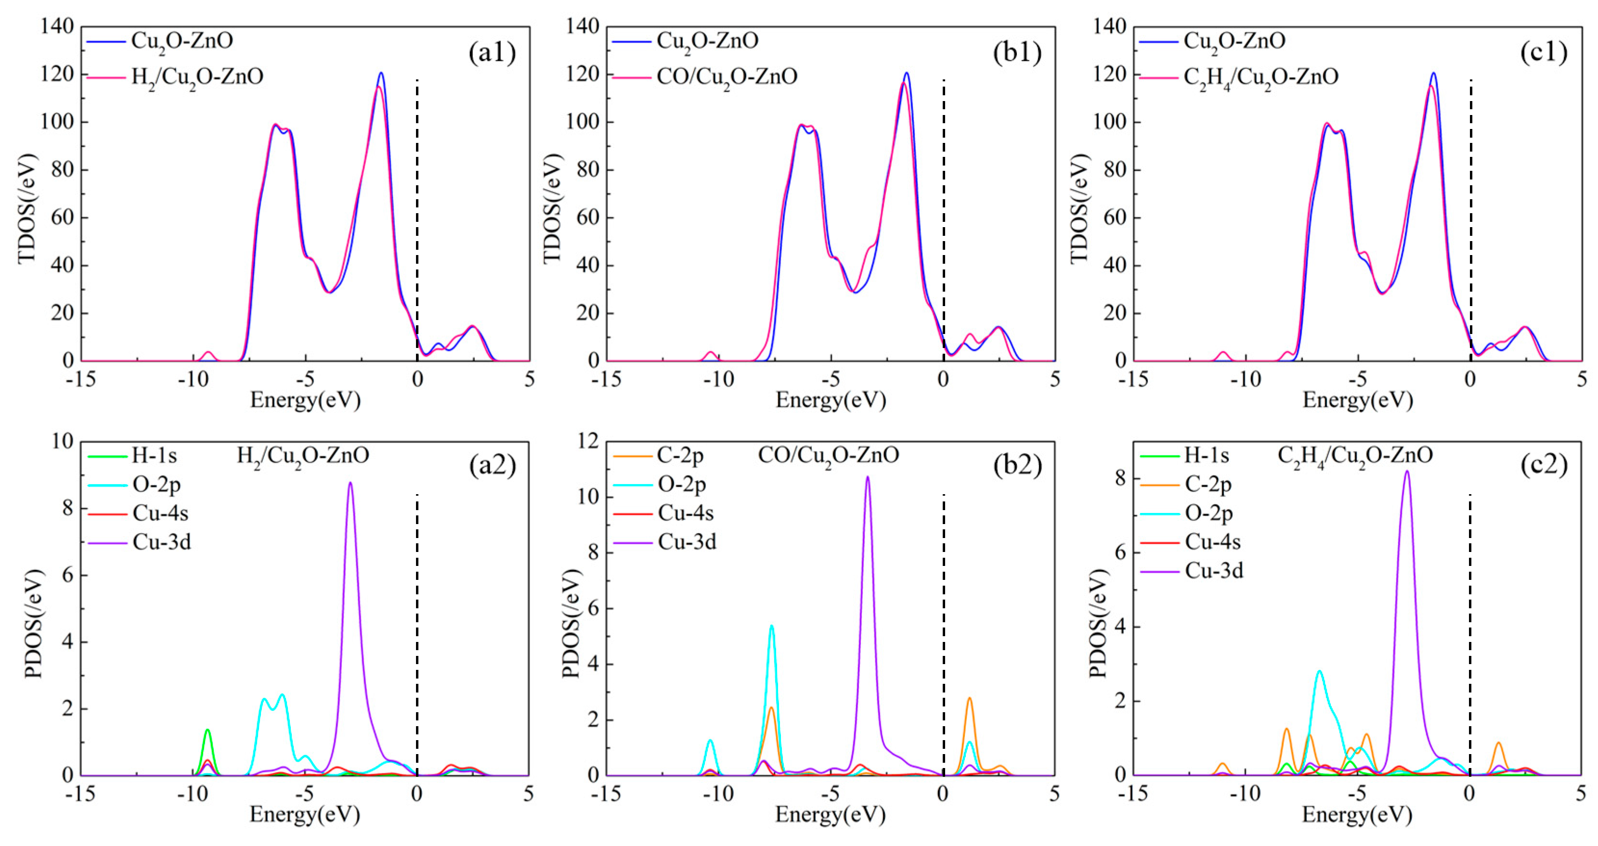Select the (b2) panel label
tap(1017, 465)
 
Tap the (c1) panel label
tap(1544, 53)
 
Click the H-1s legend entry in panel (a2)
tap(154, 456)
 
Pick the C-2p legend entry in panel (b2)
tap(680, 456)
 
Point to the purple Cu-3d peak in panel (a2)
tap(351, 484)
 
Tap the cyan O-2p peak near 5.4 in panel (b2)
tap(772, 627)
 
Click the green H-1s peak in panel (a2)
tap(208, 731)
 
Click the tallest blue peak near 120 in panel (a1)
tap(381, 73)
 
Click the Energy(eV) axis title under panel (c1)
tap(1357, 400)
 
